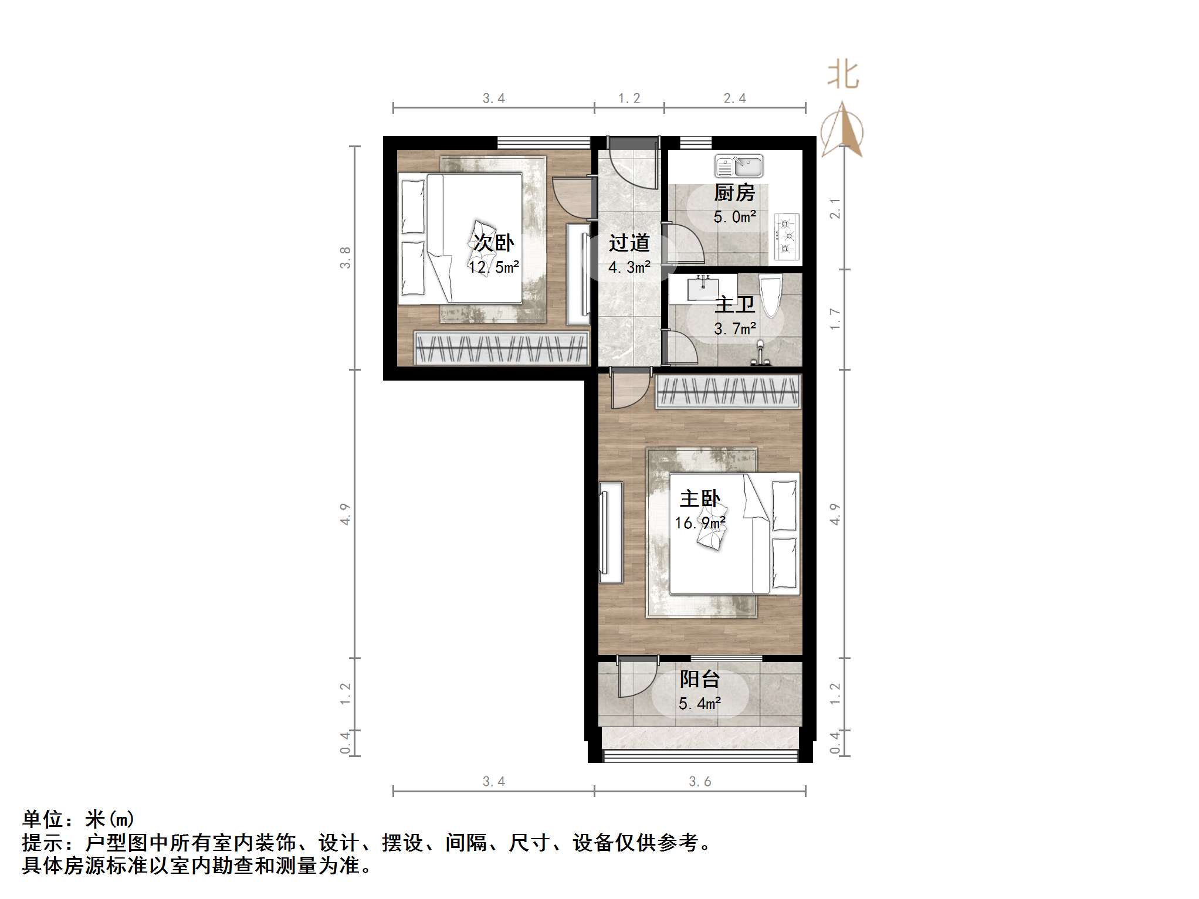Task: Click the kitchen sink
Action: pyautogui.click(x=739, y=167)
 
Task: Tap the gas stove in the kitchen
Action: pyautogui.click(x=787, y=236)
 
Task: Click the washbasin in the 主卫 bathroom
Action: pyautogui.click(x=702, y=289)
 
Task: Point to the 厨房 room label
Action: pyautogui.click(x=734, y=193)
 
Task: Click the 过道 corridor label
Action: pyautogui.click(x=629, y=243)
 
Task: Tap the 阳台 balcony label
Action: pyautogui.click(x=699, y=679)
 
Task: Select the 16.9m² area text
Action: pyautogui.click(x=700, y=523)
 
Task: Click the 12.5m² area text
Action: pyautogui.click(x=493, y=267)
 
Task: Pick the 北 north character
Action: pyautogui.click(x=843, y=76)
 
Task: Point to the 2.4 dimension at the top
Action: pyautogui.click(x=734, y=99)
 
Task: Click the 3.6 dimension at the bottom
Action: pyautogui.click(x=699, y=782)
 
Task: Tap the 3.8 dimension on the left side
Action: pyautogui.click(x=345, y=257)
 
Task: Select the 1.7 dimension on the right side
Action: pyautogui.click(x=835, y=319)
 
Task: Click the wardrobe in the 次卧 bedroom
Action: pyautogui.click(x=502, y=348)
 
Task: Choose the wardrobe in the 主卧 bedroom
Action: pyautogui.click(x=728, y=391)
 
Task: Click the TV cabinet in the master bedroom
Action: pyautogui.click(x=611, y=532)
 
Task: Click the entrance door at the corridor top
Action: pyautogui.click(x=632, y=161)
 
